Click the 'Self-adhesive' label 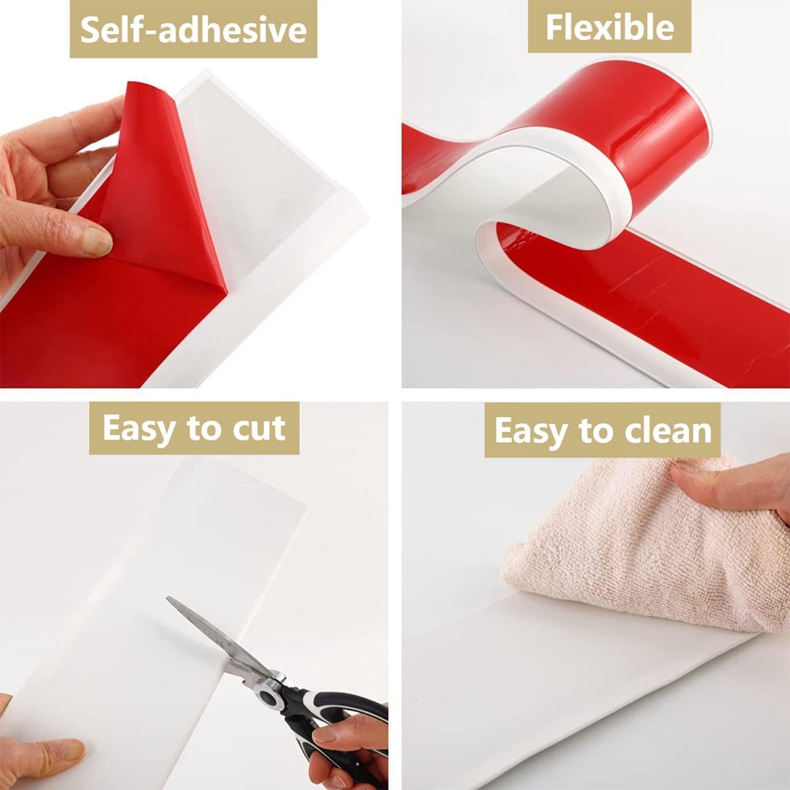(193, 29)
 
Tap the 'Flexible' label (609, 27)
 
